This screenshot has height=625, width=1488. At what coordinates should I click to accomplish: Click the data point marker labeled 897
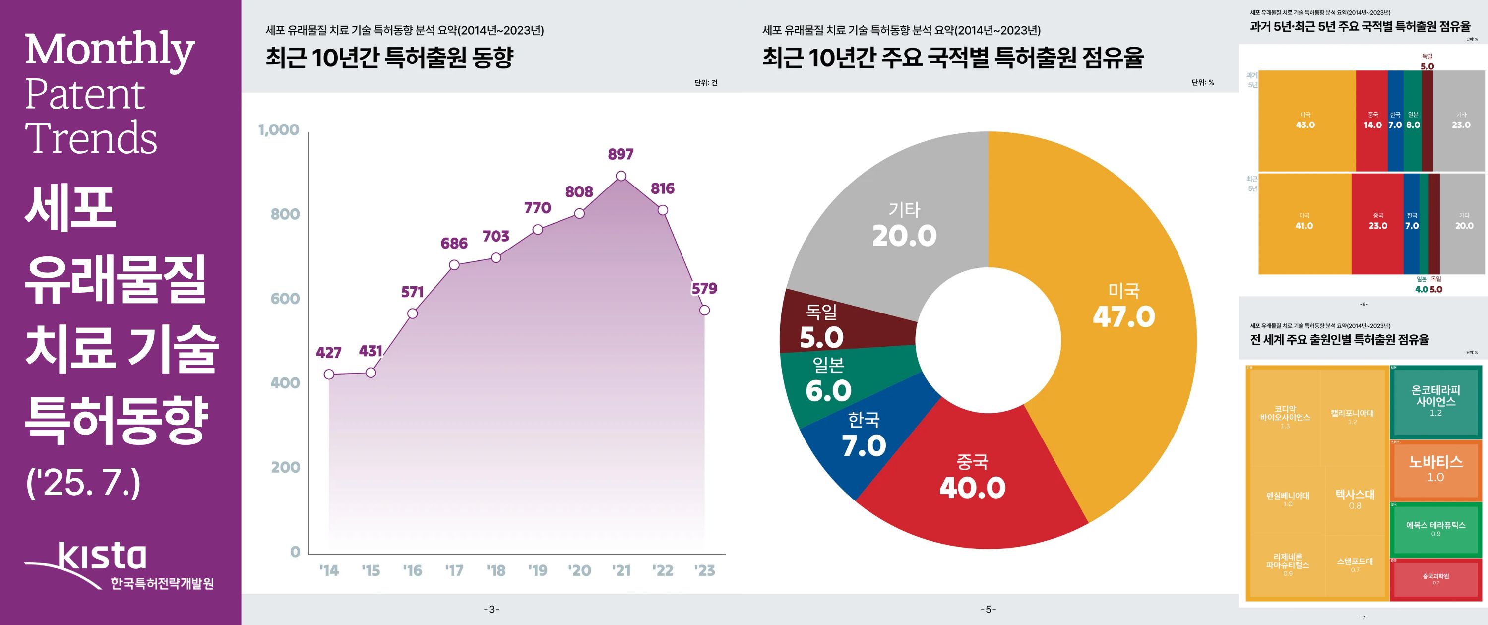pyautogui.click(x=621, y=176)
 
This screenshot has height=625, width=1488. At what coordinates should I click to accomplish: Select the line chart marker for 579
pyautogui.click(x=704, y=310)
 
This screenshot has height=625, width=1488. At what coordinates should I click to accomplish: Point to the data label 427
pyautogui.click(x=329, y=352)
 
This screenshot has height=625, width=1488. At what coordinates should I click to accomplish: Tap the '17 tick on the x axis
pyautogui.click(x=454, y=571)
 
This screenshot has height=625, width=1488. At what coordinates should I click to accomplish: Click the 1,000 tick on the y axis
pyautogui.click(x=279, y=130)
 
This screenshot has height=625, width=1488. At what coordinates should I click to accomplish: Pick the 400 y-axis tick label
pyautogui.click(x=285, y=383)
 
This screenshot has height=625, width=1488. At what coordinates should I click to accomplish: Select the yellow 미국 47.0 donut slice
pyautogui.click(x=1123, y=306)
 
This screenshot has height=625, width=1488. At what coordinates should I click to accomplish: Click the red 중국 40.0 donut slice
pyautogui.click(x=973, y=480)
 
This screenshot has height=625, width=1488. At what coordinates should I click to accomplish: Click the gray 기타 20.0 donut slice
pyautogui.click(x=905, y=225)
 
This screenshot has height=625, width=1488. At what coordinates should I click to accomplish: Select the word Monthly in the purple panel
pyautogui.click(x=110, y=51)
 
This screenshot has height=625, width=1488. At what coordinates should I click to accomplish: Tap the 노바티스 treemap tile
pyautogui.click(x=1435, y=468)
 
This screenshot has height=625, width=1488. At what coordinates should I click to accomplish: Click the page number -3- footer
pyautogui.click(x=492, y=610)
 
